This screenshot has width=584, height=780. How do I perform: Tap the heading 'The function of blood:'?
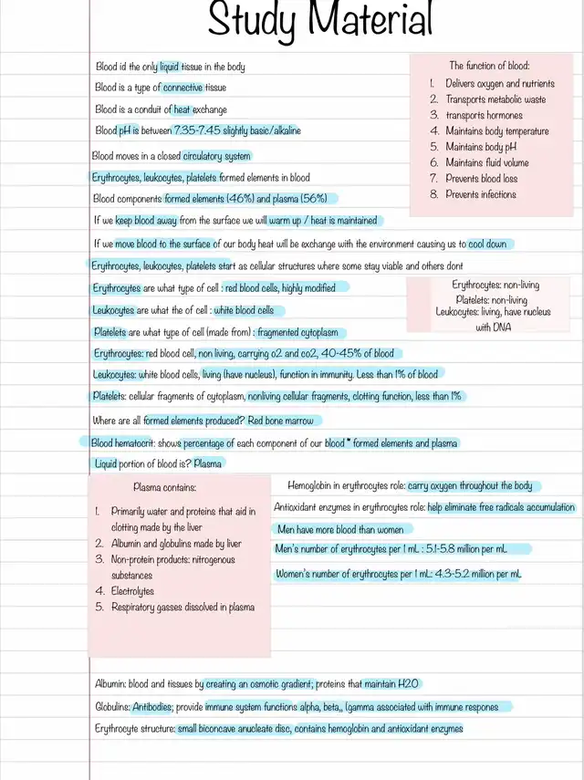tap(488, 66)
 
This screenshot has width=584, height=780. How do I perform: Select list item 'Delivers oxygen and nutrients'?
tap(499, 84)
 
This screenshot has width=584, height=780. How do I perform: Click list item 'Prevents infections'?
tap(480, 194)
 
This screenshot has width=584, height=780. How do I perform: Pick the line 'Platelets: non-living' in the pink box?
tap(491, 300)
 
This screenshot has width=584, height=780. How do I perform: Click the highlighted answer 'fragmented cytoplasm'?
tap(301, 333)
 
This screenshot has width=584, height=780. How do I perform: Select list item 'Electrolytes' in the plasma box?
tap(132, 591)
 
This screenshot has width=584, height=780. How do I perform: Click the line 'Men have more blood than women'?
tap(339, 529)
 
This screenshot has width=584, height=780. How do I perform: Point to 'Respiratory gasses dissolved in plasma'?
tap(182, 607)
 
